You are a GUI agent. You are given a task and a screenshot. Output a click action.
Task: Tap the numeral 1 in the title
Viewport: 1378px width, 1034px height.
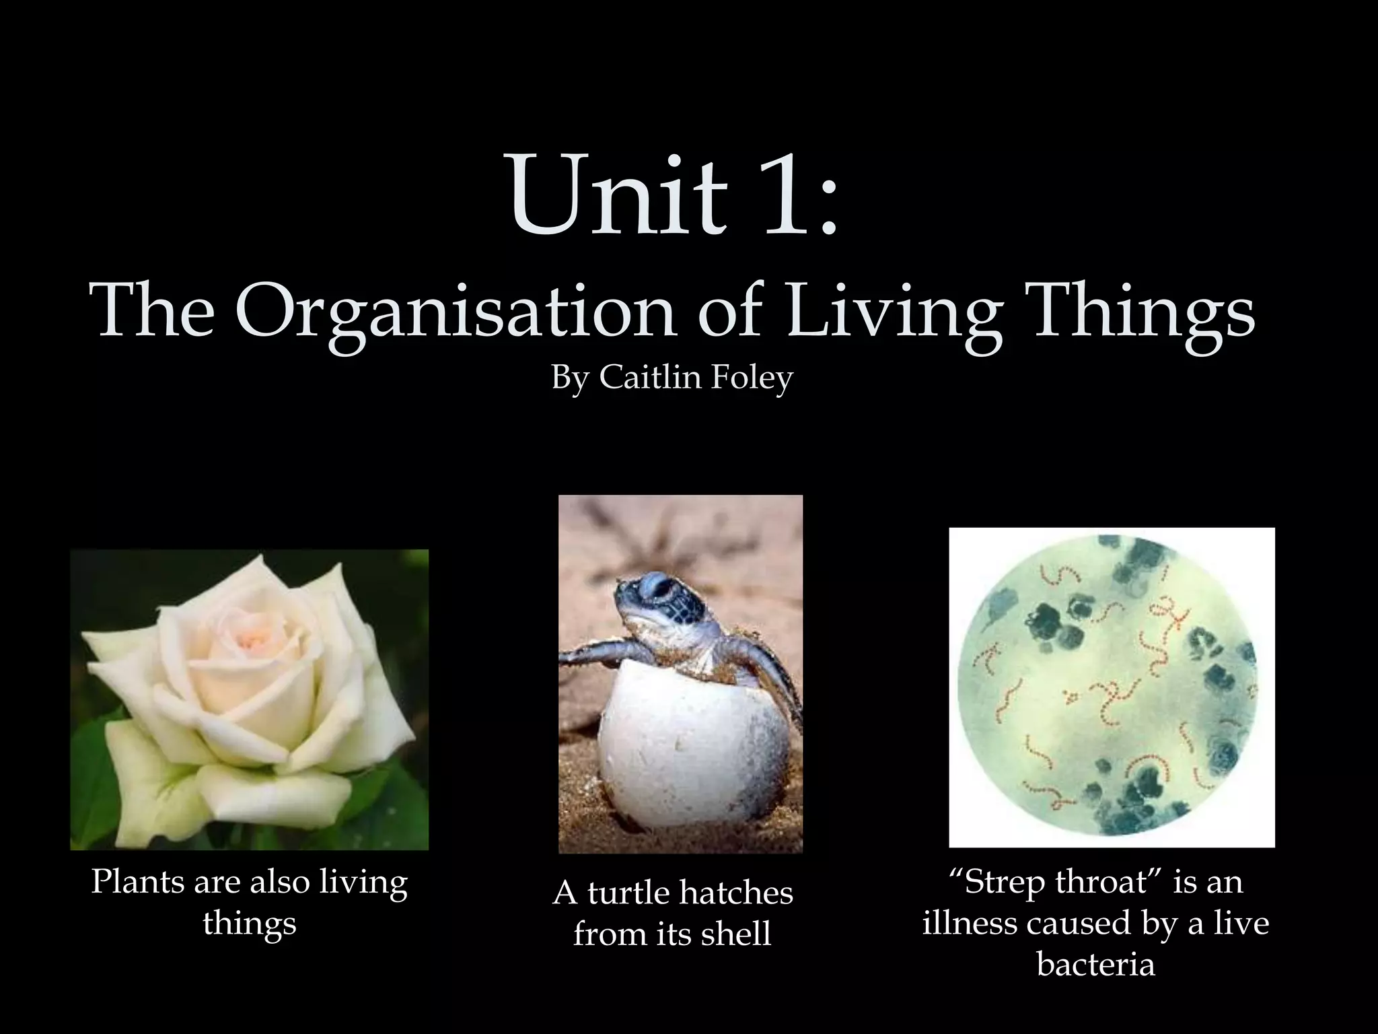[781, 195]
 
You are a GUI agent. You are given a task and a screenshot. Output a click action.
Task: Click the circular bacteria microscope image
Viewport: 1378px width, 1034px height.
[1112, 687]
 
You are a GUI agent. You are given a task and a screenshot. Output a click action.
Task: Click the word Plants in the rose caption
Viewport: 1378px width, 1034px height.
[137, 881]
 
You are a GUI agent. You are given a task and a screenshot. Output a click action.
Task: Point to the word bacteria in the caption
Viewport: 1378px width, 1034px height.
[1095, 964]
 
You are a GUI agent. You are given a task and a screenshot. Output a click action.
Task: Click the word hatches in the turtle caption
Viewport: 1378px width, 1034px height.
[736, 893]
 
